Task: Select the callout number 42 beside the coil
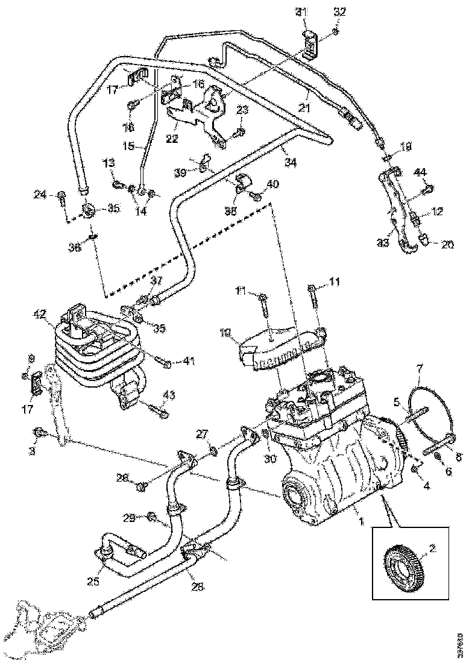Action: click(x=39, y=314)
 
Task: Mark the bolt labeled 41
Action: click(x=165, y=362)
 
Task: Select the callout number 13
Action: click(x=107, y=163)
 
